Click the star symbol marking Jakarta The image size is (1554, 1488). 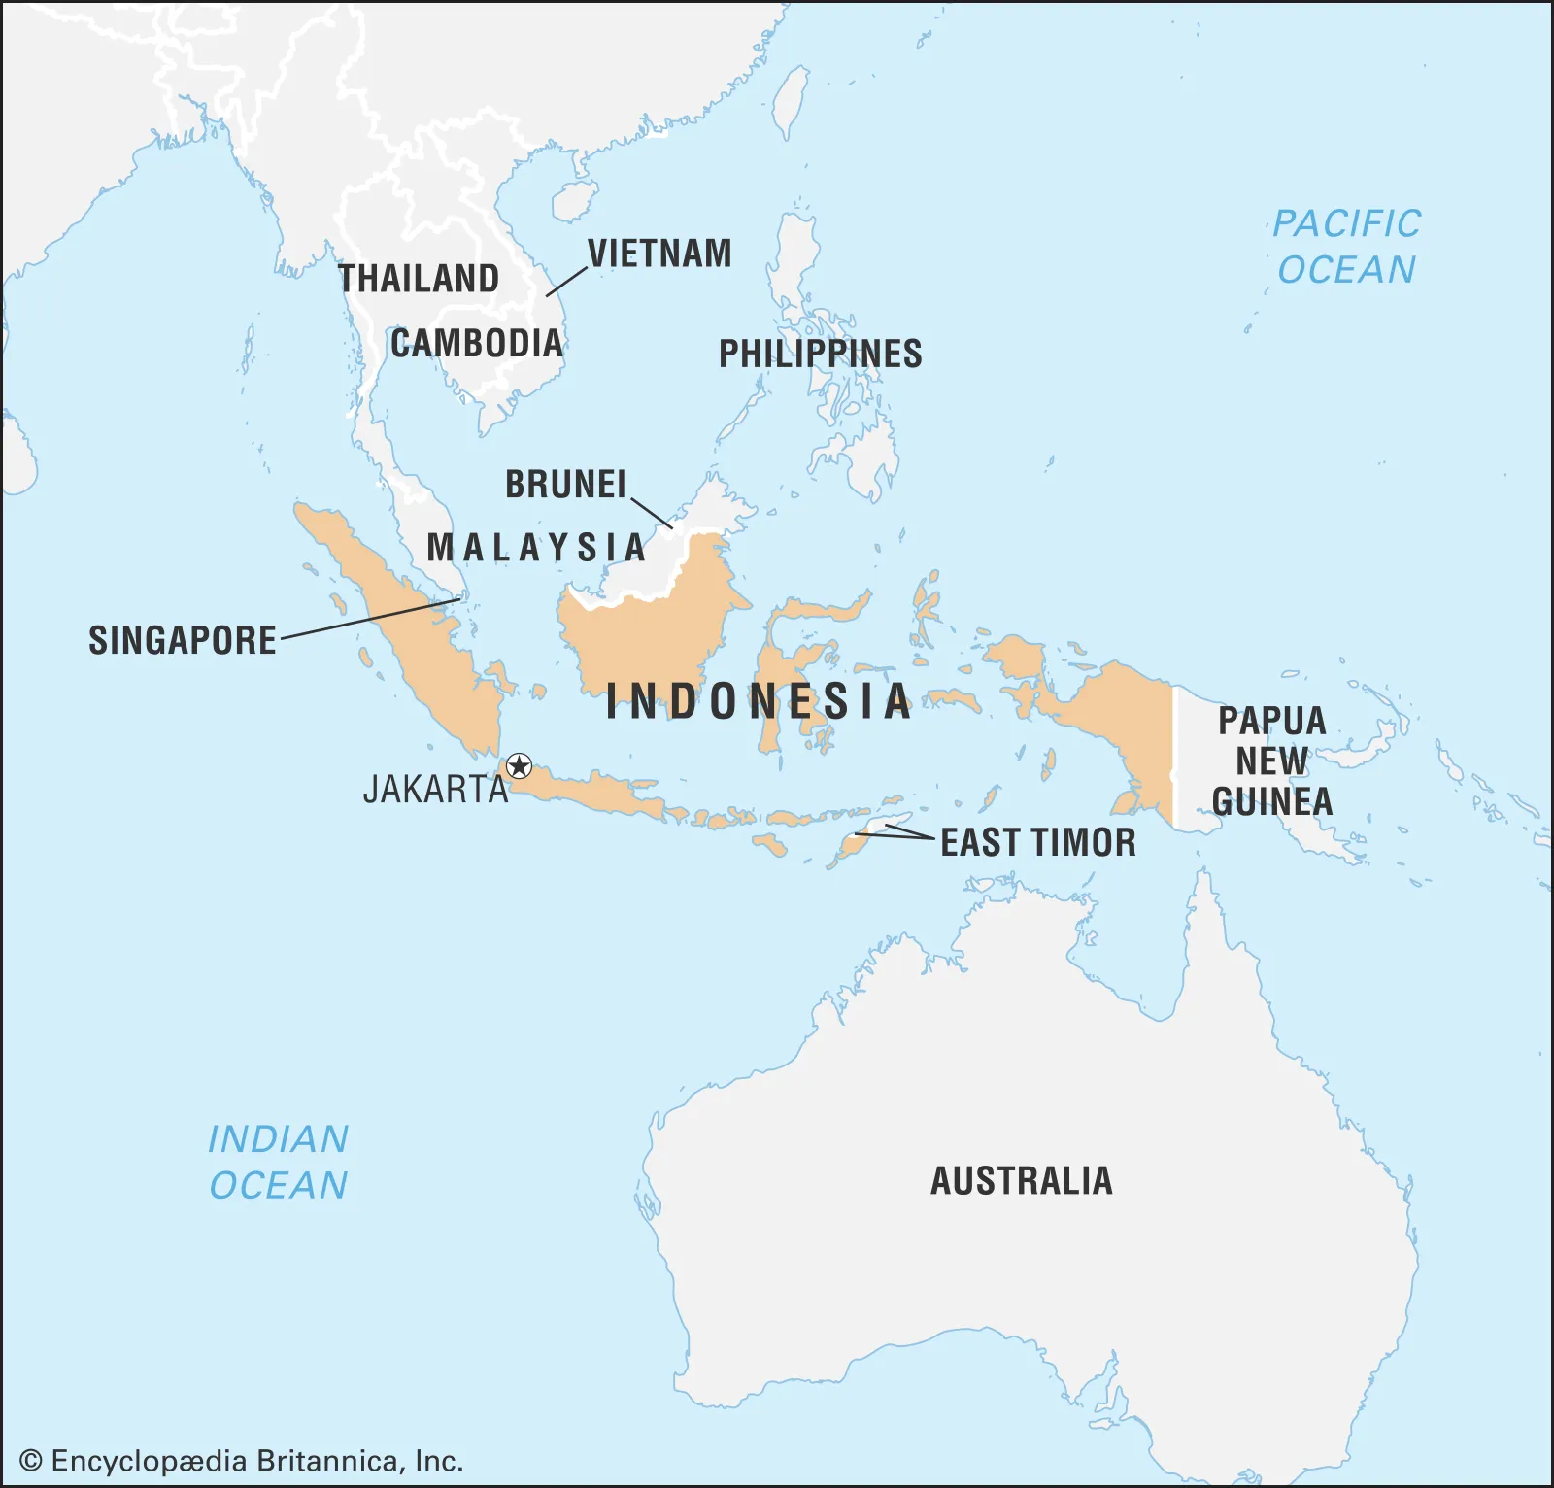coord(520,766)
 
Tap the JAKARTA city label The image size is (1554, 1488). coord(436,790)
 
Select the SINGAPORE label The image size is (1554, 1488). coord(183,641)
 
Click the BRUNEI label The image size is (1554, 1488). coord(566,485)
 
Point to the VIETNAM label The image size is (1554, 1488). coord(659,254)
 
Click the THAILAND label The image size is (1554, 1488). coord(419,279)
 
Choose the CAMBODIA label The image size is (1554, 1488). coord(477,344)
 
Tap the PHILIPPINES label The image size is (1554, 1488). coord(821,354)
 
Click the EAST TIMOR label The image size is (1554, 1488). coord(1038,842)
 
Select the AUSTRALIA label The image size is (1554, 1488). coord(1022,1181)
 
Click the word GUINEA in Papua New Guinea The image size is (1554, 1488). coord(1272,802)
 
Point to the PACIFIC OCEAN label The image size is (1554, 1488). coord(1346,247)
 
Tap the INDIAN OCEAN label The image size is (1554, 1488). coord(279,1162)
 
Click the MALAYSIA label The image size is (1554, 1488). coord(536,548)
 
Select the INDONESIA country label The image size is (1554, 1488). coord(758,701)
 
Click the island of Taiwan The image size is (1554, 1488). coord(792,101)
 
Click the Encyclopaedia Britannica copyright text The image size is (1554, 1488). coord(241,1461)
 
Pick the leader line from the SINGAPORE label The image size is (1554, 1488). coord(369,619)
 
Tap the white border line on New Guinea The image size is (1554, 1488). coord(1173,758)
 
